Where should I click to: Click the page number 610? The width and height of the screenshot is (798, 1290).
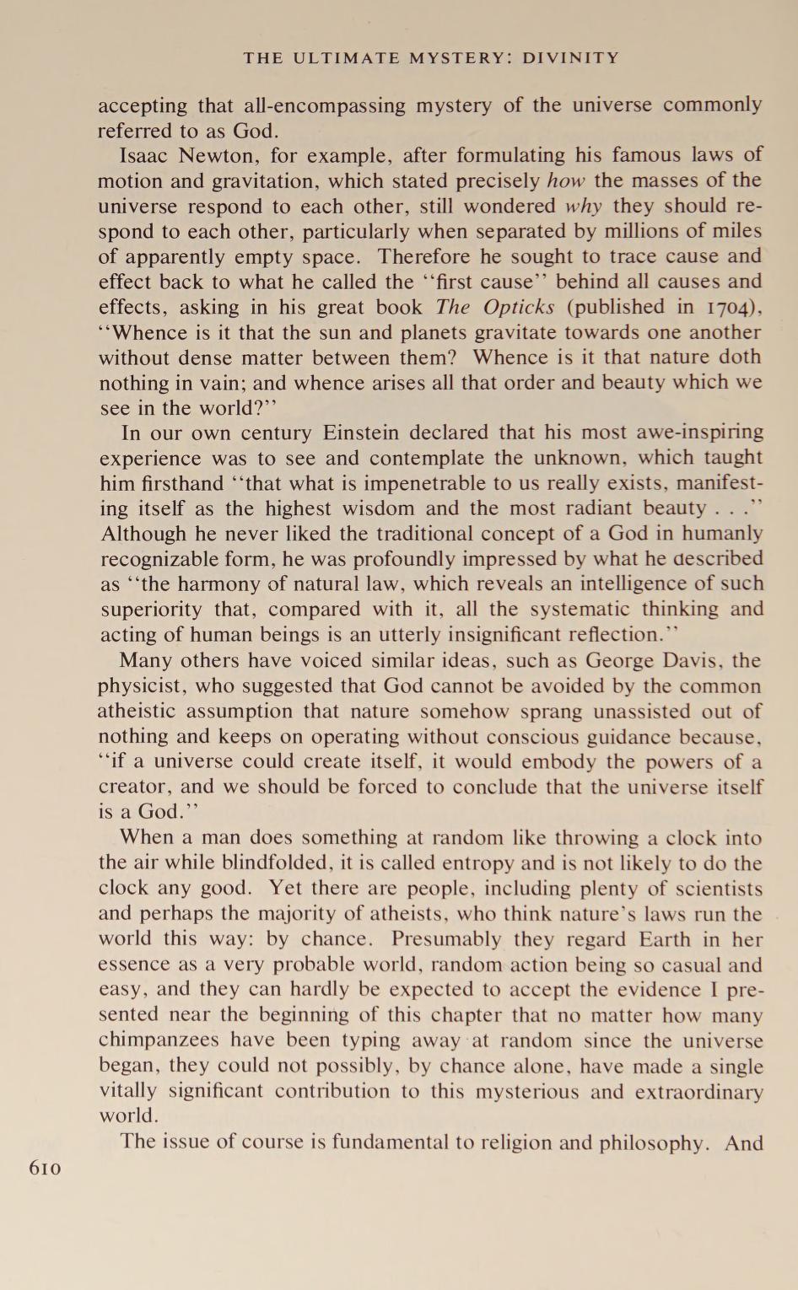pos(45,1168)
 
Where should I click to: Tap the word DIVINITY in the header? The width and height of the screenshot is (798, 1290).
pos(571,58)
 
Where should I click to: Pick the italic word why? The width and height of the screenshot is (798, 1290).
pos(583,206)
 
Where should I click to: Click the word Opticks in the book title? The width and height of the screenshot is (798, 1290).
pos(520,307)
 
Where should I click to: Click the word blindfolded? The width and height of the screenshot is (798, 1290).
pos(278,863)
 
